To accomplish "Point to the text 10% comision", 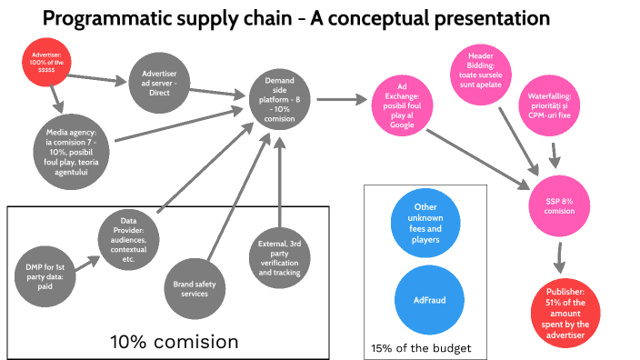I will [174, 342].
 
